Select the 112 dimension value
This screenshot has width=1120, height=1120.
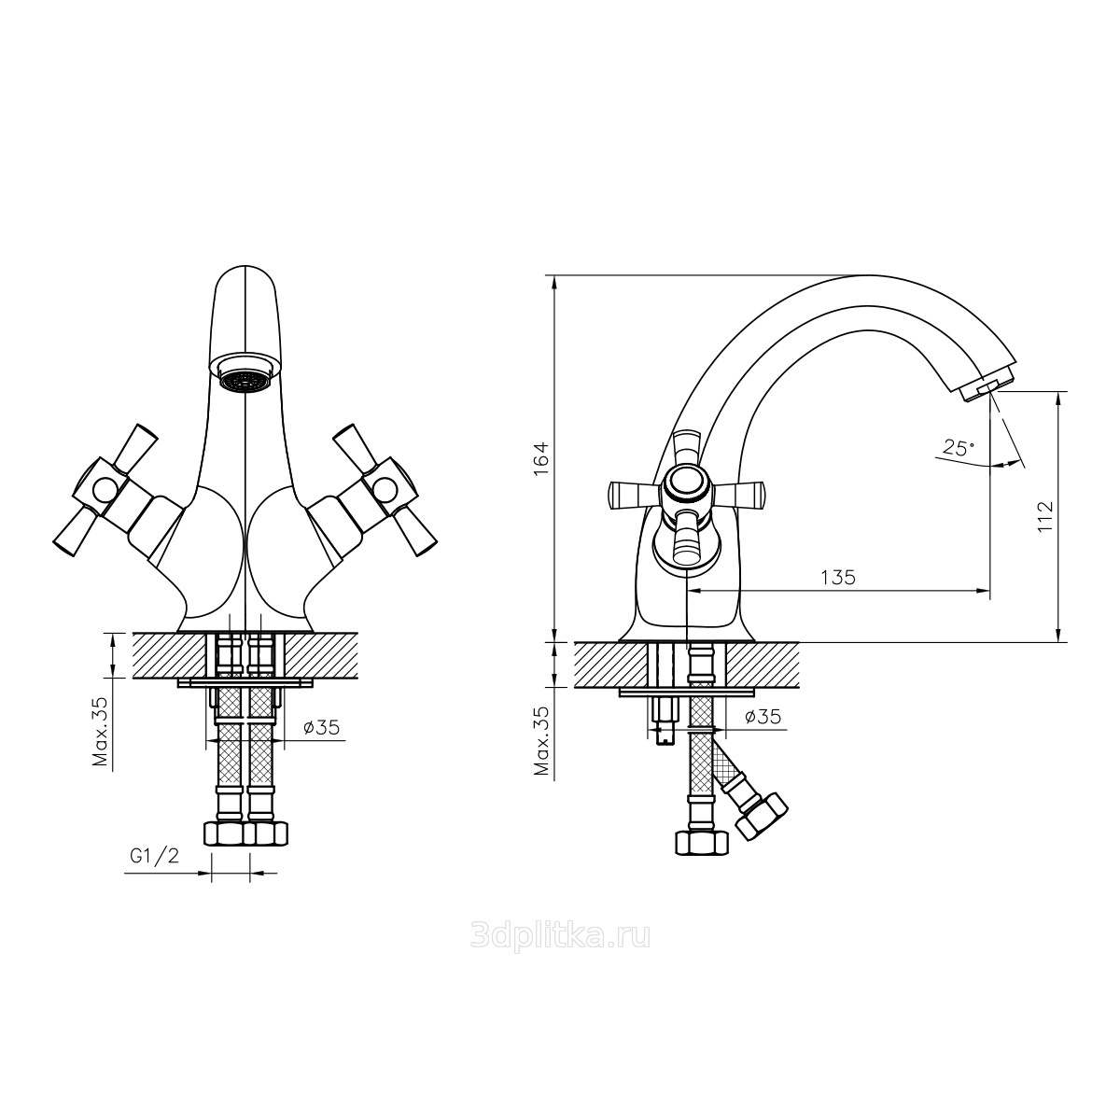tap(1044, 515)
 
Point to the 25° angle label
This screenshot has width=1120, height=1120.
tap(959, 448)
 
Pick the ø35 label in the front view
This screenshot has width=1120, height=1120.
tap(321, 726)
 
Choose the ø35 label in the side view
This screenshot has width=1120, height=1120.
tap(763, 717)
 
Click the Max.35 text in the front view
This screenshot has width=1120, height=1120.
tap(102, 731)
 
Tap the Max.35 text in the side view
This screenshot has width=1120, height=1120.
tap(542, 741)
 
